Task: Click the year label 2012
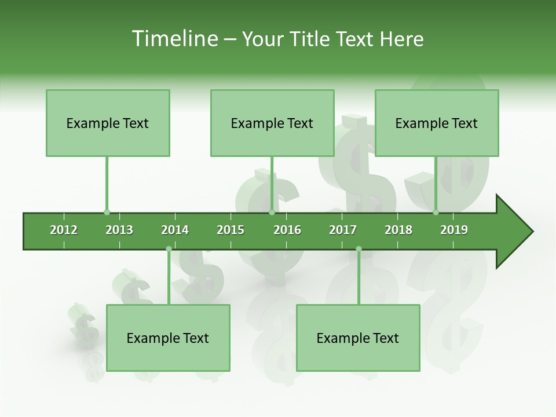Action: click(64, 230)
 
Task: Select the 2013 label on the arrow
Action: click(119, 230)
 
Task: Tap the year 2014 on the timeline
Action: click(175, 230)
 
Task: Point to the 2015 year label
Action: click(231, 230)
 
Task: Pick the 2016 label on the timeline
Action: click(287, 230)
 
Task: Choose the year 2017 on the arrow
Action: click(343, 230)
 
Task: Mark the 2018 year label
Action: click(398, 230)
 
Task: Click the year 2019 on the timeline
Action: click(454, 230)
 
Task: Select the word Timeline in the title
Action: click(174, 39)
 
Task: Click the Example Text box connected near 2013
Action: click(108, 123)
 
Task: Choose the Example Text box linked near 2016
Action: click(272, 123)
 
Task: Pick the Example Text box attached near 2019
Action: click(437, 123)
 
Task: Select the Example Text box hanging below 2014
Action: click(168, 338)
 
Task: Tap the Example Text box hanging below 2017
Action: click(358, 338)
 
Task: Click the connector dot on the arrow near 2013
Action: click(107, 213)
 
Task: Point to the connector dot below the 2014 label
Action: click(169, 249)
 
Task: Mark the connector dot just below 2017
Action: click(359, 249)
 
